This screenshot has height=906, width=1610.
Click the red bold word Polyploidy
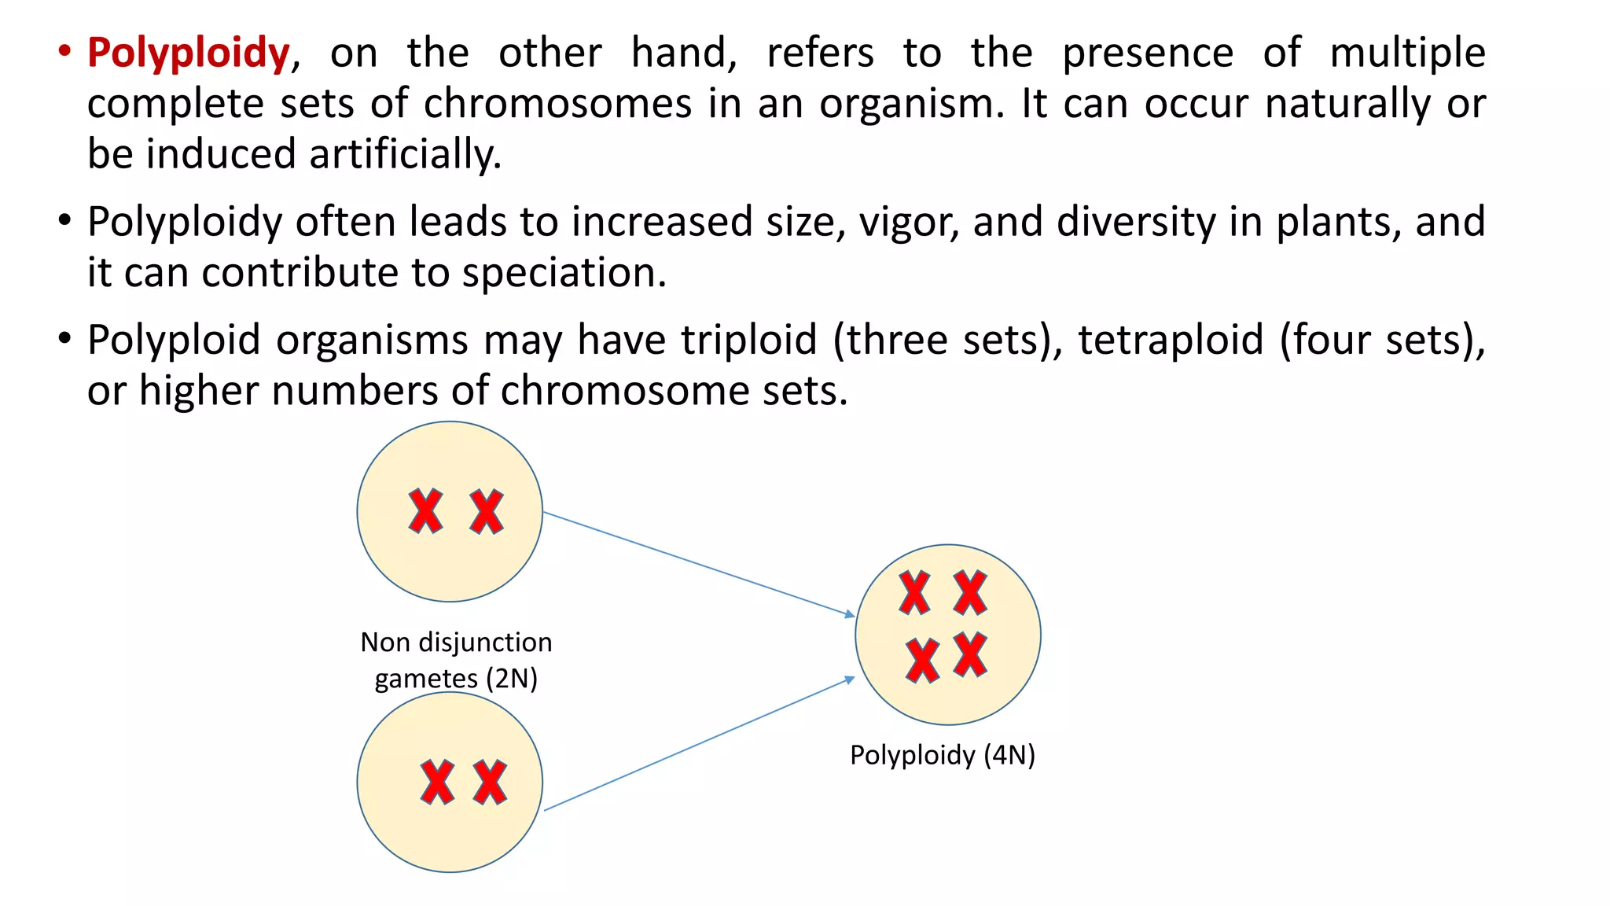tap(189, 53)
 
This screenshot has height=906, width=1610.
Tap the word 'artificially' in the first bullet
tap(404, 154)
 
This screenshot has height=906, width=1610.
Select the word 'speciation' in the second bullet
tap(563, 273)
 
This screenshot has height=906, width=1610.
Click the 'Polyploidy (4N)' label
tap(943, 755)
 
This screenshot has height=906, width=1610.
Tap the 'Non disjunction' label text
tap(456, 643)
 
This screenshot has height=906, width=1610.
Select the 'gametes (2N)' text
tap(456, 678)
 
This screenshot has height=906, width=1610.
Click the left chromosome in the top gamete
tap(425, 512)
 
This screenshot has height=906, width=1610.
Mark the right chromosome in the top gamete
tap(487, 512)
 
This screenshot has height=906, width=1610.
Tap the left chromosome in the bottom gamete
tap(437, 782)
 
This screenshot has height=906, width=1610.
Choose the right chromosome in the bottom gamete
tap(491, 782)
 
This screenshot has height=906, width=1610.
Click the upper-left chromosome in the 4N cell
tap(914, 593)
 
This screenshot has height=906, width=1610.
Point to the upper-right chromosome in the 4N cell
tap(970, 593)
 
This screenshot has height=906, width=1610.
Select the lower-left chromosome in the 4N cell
tap(922, 660)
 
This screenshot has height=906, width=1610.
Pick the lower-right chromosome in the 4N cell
tap(971, 654)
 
